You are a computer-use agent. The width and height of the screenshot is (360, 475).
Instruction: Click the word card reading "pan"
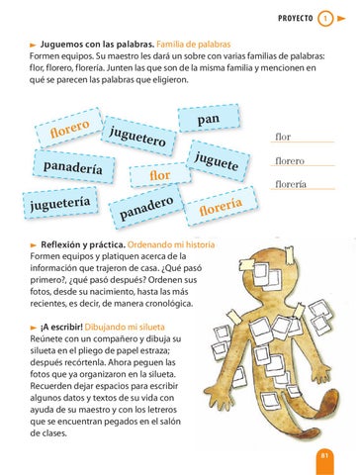209,118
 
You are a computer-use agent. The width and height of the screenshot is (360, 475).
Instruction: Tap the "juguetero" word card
137,136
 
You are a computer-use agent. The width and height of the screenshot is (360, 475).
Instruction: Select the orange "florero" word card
69,128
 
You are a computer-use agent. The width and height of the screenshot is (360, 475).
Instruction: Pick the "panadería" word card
73,166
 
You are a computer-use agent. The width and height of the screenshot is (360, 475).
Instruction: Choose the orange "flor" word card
160,175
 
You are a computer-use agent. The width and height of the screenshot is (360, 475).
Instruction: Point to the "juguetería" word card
60,203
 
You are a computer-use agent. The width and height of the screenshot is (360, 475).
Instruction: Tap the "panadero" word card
146,207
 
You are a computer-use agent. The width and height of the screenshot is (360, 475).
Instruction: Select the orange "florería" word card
221,206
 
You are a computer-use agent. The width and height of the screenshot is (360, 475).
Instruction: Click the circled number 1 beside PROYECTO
325,18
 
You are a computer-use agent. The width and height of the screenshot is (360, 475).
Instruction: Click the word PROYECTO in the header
296,18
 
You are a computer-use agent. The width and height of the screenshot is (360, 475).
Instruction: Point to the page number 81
324,455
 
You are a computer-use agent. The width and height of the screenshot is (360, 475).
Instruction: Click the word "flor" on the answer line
283,137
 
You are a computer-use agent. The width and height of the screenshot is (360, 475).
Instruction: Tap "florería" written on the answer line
291,184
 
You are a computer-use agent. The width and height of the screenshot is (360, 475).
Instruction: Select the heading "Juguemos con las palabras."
97,45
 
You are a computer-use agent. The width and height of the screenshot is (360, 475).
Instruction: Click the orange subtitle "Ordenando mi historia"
171,244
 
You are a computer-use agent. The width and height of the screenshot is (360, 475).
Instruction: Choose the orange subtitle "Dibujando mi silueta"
125,328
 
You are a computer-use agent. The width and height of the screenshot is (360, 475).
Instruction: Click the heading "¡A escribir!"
61,328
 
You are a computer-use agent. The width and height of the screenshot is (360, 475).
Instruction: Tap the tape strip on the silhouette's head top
290,254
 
